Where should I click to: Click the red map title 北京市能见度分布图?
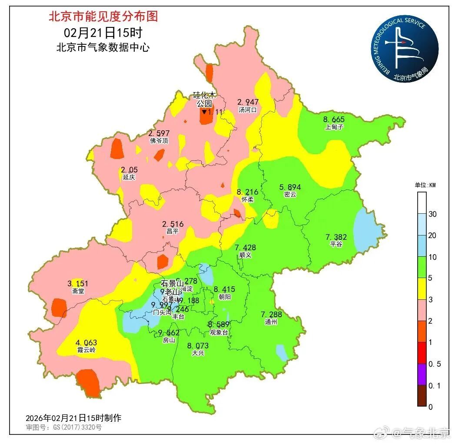click(x=103, y=17)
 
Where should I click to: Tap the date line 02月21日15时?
click(x=103, y=32)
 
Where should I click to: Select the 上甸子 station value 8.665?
click(x=334, y=119)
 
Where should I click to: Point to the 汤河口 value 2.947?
click(x=248, y=102)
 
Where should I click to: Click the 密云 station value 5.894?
click(x=290, y=187)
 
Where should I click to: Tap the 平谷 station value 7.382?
click(x=336, y=237)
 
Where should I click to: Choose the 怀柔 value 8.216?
click(x=247, y=192)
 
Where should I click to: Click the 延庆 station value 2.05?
click(x=129, y=169)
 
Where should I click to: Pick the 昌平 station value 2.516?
click(x=173, y=224)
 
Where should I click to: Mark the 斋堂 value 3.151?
click(x=78, y=284)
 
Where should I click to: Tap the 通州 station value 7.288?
click(x=271, y=314)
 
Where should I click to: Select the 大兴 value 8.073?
click(x=198, y=346)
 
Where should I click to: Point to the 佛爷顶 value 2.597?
click(x=159, y=133)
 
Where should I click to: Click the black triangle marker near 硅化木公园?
click(x=204, y=112)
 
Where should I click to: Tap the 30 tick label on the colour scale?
click(x=432, y=214)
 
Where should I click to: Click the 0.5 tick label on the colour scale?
click(x=434, y=364)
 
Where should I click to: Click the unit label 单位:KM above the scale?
click(x=425, y=185)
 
